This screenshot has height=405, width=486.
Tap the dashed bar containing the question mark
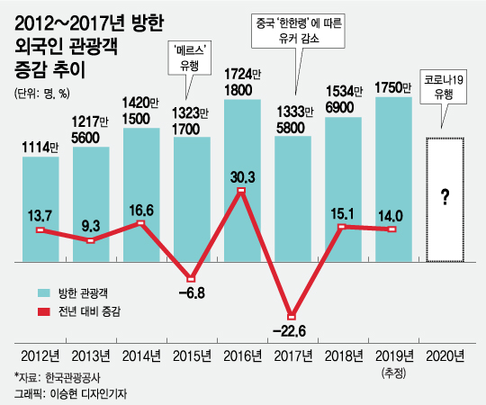coord(445,200)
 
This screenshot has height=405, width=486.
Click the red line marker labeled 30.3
coord(241,190)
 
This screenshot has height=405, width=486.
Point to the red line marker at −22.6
coord(292,316)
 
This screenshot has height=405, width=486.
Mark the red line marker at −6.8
coord(191,278)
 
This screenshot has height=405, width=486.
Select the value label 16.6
coord(139,209)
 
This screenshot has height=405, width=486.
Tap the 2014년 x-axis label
coord(139,355)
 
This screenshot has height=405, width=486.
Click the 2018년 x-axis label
coord(343,355)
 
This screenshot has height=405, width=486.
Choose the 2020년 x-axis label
coord(445,355)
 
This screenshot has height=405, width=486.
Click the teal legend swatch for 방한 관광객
coord(42,293)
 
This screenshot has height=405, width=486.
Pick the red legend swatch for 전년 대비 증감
coord(42,310)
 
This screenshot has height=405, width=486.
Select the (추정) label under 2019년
coord(394,371)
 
